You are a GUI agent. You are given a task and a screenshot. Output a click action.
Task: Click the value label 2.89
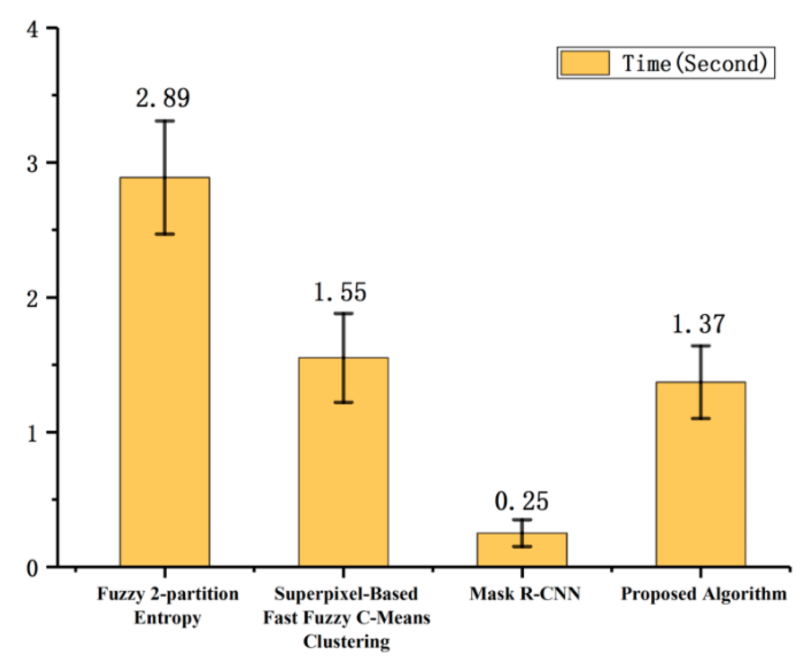163,98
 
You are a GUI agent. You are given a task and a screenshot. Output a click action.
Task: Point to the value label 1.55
340,292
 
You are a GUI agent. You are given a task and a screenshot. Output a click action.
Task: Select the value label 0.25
521,501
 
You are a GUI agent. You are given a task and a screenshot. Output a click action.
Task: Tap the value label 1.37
699,324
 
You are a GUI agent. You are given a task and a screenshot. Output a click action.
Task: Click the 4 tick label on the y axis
33,30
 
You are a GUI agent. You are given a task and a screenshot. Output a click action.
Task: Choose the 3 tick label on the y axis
33,163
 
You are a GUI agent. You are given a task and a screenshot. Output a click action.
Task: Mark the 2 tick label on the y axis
33,299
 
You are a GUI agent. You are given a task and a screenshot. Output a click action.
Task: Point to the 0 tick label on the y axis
33,568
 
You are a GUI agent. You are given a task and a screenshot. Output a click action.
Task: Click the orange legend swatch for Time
585,63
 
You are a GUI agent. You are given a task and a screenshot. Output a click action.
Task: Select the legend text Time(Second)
694,63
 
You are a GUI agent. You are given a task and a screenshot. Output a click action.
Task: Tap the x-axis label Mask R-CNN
525,594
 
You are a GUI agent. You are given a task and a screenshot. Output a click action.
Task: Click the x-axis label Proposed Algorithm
704,594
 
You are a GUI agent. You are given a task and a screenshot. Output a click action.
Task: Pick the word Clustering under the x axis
347,641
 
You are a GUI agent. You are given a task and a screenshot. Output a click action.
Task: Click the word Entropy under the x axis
168,618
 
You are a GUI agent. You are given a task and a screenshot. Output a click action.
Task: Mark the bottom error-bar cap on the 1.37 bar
701,419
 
